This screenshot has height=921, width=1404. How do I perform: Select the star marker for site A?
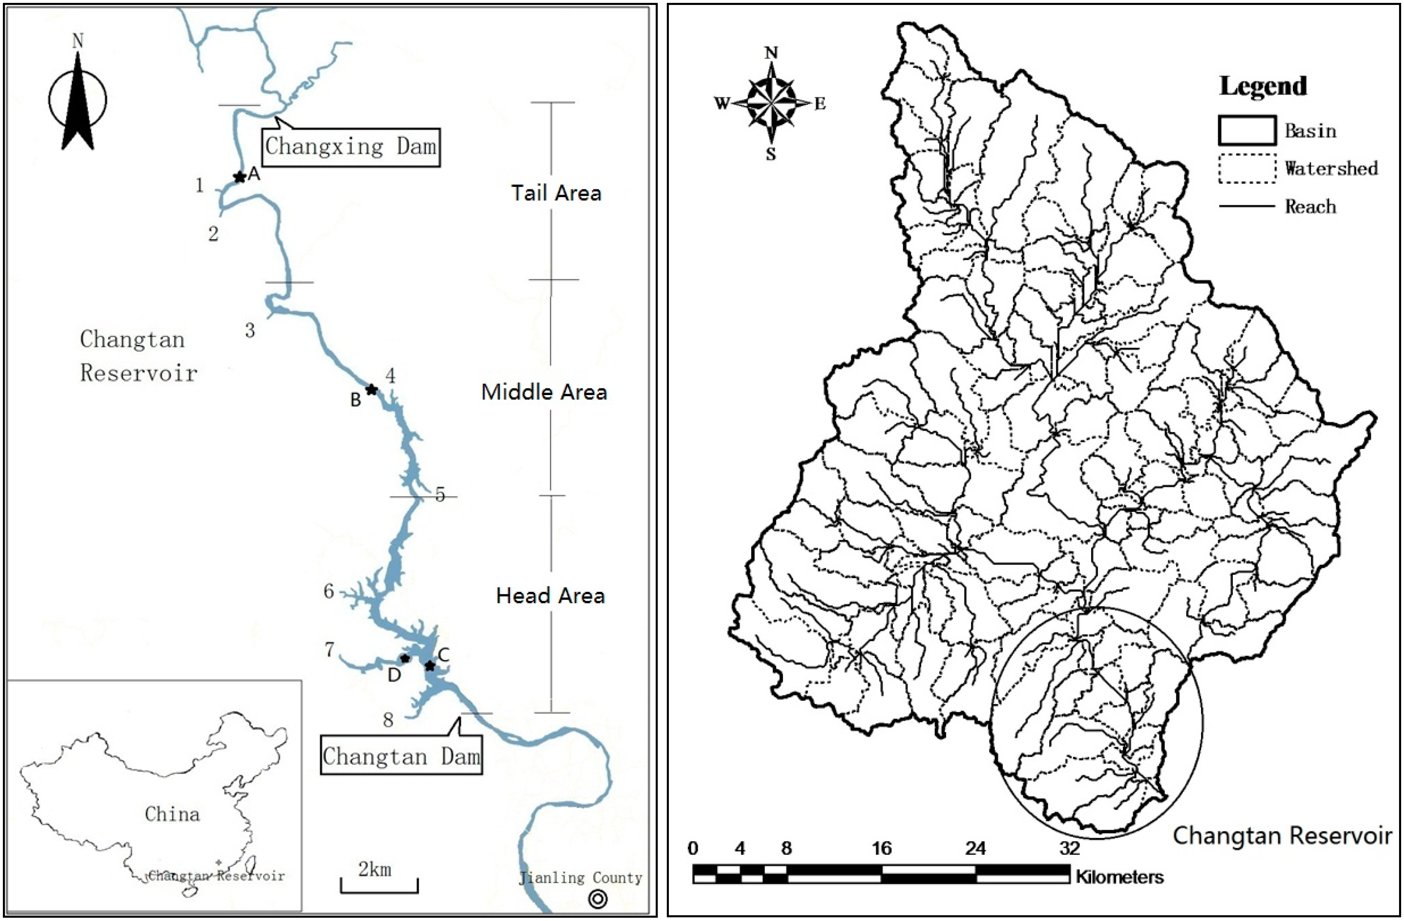[239, 177]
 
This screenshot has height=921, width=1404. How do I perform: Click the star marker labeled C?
[430, 666]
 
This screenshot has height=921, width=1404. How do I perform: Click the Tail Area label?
[556, 193]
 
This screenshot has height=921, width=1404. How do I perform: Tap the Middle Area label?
[544, 392]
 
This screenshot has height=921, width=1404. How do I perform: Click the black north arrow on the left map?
[78, 103]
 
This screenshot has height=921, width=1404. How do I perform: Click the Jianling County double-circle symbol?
[598, 899]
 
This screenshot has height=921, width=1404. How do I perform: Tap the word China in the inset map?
[172, 814]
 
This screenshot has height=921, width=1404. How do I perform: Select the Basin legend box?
[1247, 130]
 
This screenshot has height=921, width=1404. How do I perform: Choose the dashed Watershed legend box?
[1247, 169]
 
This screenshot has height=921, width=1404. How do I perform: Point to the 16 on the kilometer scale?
[881, 849]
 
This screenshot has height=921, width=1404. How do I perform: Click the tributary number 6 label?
[328, 591]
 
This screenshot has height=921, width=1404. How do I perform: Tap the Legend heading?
[1263, 86]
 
